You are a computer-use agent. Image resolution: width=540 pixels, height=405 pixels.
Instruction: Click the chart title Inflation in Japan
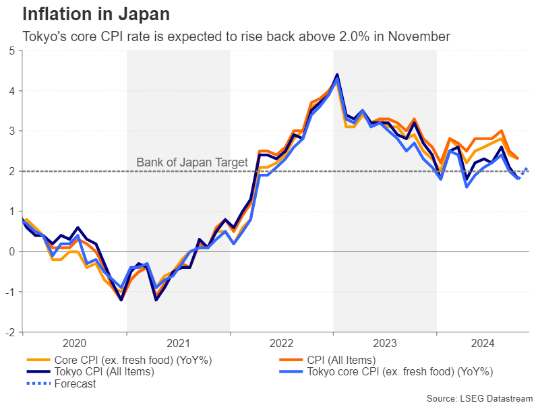[x=96, y=14]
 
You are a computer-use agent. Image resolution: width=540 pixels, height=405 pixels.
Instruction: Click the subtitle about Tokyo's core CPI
[x=236, y=36]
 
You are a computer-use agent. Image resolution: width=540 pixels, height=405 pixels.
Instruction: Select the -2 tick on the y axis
[x=11, y=332]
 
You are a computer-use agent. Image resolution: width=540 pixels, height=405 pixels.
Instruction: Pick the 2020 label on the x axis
[x=75, y=342]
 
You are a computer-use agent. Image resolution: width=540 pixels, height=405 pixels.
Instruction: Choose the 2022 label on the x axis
[x=281, y=342]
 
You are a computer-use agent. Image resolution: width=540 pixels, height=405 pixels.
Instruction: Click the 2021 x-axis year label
[x=178, y=342]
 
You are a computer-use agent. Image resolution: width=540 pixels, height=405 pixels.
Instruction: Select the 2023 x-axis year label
[x=384, y=342]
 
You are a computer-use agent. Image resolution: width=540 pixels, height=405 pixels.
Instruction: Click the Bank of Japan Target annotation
[x=192, y=162]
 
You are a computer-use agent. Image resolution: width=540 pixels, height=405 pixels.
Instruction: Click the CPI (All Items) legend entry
[x=342, y=361]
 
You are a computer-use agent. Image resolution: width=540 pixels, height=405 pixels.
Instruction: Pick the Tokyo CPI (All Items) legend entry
[x=104, y=372]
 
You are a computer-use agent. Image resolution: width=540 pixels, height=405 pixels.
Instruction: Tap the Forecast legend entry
[x=75, y=384]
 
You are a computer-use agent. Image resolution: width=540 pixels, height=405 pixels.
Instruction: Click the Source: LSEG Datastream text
[x=479, y=398]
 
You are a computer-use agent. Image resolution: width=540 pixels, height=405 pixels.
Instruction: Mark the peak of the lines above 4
[x=337, y=75]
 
